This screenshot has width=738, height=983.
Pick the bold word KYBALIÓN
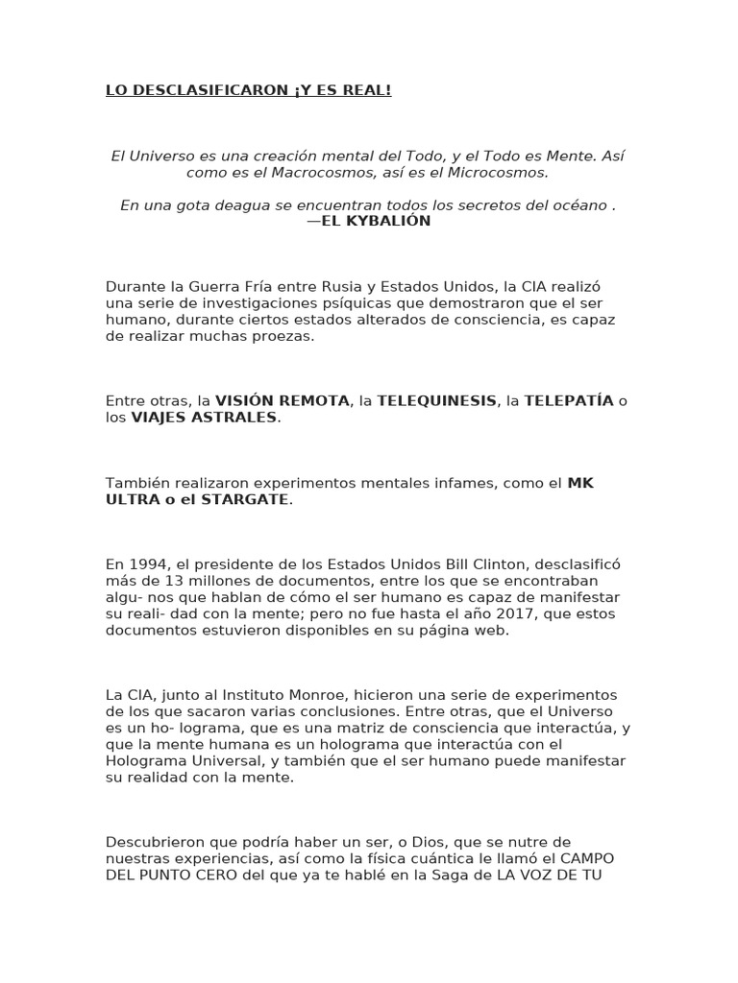coord(389,221)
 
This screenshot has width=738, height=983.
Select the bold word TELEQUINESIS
coord(437,400)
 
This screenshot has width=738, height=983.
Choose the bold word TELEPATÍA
coord(568,400)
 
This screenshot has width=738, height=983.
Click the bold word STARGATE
coord(245,500)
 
